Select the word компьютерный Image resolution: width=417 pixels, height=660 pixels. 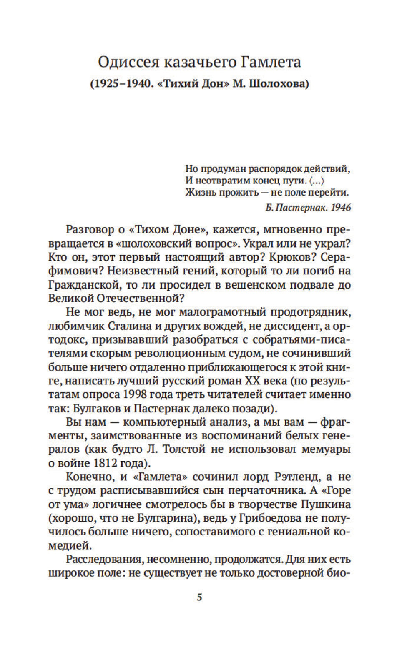click(158, 422)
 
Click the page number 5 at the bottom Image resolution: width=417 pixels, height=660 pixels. click(199, 598)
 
